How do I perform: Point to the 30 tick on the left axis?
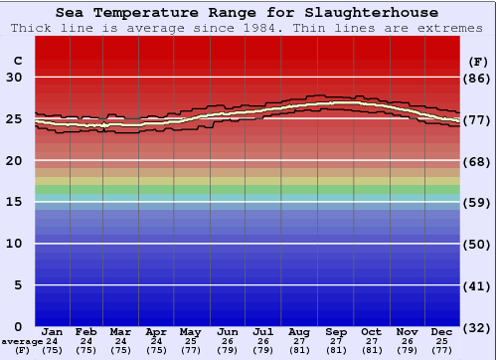15,78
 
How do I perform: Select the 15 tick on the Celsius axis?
15,202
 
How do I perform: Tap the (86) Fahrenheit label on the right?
478,78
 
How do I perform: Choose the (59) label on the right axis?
478,202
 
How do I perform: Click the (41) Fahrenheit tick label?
478,285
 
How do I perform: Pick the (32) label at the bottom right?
478,328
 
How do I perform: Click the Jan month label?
53,331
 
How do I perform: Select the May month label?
189,331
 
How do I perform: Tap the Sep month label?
335,331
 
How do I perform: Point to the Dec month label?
442,331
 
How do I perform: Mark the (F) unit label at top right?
478,61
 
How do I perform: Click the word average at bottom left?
21,341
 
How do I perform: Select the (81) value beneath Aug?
299,350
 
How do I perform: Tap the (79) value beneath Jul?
263,350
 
